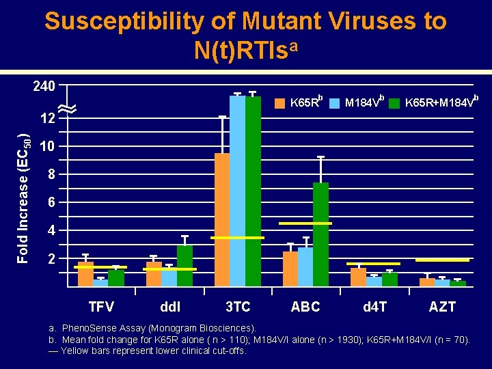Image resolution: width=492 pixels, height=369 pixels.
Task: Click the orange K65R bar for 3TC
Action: [222, 219]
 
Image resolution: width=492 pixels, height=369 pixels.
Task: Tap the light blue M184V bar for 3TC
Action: [237, 191]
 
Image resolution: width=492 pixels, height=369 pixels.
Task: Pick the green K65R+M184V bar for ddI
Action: [184, 265]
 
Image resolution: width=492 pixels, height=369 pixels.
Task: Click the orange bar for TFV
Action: [85, 274]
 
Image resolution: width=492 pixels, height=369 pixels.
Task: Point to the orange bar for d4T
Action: [358, 277]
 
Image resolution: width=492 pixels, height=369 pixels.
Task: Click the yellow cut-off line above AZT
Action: [442, 260]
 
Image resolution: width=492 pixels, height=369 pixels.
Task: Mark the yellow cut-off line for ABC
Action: [305, 223]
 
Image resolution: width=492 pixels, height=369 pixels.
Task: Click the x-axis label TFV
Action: [101, 307]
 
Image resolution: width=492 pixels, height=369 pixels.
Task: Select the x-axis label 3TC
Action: [238, 307]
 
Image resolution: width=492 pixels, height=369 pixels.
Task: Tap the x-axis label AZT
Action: [442, 307]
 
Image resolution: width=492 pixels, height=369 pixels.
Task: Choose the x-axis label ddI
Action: [169, 307]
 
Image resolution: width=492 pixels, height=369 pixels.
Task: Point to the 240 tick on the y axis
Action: [44, 87]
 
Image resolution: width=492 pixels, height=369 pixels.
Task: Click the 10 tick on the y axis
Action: [47, 147]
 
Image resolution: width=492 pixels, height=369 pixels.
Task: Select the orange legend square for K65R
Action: [279, 104]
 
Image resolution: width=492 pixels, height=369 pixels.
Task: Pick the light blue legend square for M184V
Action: [334, 104]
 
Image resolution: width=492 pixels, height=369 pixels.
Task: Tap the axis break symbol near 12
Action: [67, 108]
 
